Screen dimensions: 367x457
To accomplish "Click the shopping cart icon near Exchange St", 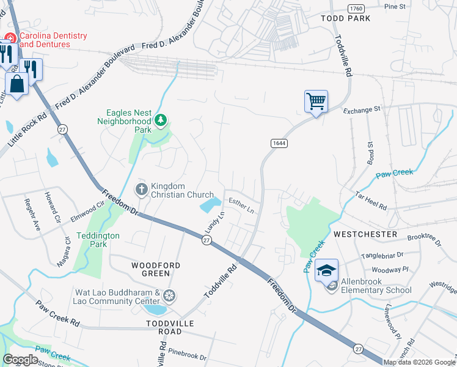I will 316,101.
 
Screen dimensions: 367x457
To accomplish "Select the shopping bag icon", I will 17,84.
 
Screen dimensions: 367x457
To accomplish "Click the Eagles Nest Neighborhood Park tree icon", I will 161,120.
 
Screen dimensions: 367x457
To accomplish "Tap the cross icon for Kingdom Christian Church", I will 141,190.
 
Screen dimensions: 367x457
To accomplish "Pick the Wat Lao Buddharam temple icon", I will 169,297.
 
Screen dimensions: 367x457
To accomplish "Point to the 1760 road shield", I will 356,8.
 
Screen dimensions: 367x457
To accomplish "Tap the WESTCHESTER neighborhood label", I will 365,234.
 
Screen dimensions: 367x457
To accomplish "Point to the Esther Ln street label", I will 241,205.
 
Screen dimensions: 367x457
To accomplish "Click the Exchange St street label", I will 362,110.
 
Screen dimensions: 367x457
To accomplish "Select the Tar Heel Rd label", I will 371,200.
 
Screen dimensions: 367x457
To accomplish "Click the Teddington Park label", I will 98,240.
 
